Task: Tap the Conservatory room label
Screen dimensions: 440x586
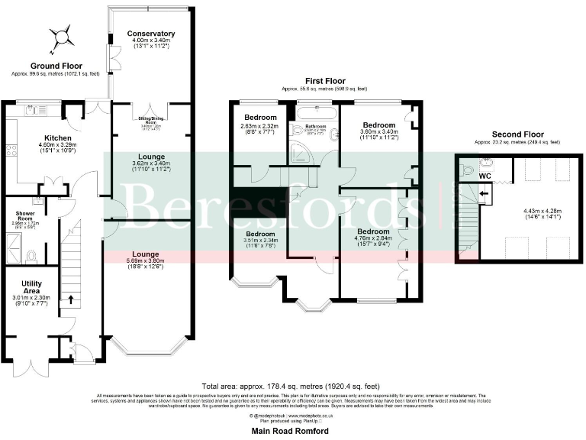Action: click(x=151, y=34)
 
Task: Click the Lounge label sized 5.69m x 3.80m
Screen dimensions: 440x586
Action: click(x=146, y=254)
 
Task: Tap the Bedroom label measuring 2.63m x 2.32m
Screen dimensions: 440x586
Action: click(x=258, y=118)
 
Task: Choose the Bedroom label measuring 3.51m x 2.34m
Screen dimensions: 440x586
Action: click(x=260, y=234)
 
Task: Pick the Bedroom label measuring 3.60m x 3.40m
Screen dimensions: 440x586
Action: click(x=378, y=125)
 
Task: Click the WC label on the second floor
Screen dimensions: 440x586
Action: click(x=485, y=176)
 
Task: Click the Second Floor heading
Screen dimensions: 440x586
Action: click(x=517, y=134)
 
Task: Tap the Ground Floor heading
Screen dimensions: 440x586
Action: click(x=56, y=66)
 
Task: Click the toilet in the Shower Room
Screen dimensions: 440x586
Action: click(x=31, y=255)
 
